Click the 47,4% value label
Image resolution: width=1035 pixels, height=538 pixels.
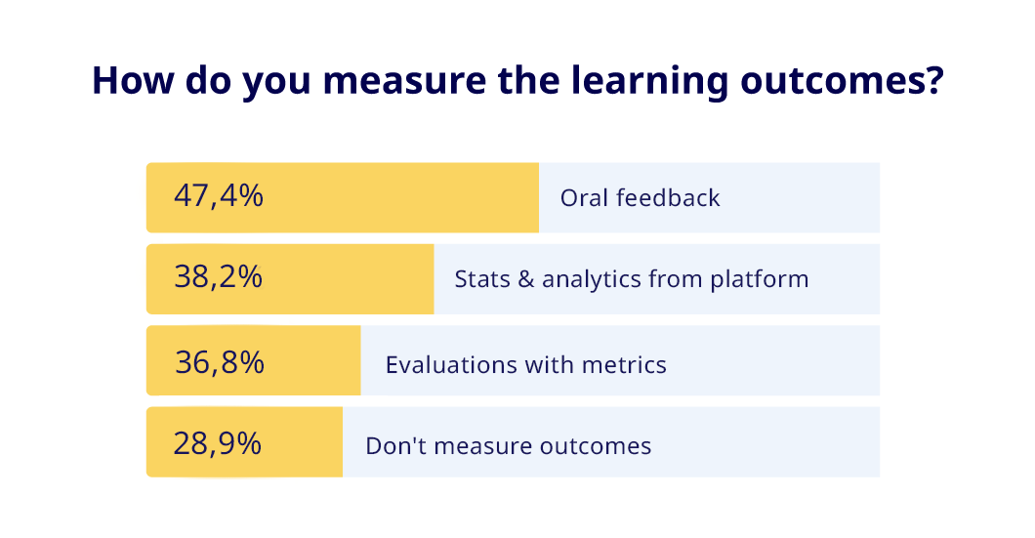219,196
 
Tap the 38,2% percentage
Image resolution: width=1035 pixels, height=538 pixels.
219,277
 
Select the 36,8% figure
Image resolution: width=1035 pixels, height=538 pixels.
220,362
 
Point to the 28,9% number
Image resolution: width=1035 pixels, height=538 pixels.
218,444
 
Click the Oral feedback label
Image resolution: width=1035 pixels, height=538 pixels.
640,198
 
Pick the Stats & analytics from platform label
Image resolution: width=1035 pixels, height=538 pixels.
631,279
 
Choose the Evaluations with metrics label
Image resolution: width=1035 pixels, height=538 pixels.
525,365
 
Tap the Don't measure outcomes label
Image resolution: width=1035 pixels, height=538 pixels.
508,447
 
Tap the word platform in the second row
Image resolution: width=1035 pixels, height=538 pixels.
760,279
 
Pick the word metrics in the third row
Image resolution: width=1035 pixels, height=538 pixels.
624,365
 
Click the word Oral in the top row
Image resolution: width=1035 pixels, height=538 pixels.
582,198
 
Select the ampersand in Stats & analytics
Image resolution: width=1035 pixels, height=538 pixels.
523,279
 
